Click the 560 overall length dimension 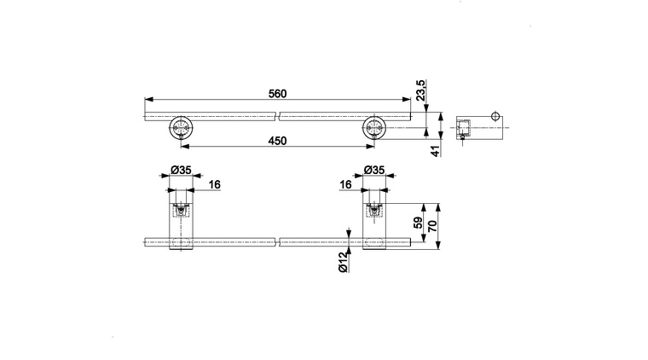tap(277, 94)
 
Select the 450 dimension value tap(277, 141)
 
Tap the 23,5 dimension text tap(420, 90)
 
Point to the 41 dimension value tap(437, 151)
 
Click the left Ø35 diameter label tap(181, 170)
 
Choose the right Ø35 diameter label tap(374, 170)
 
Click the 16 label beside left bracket tap(215, 184)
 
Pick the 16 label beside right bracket tap(345, 184)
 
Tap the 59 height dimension tap(419, 223)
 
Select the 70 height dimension tap(432, 226)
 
